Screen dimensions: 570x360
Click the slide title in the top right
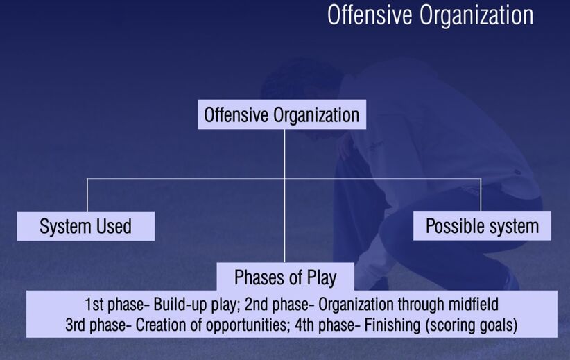tap(431, 16)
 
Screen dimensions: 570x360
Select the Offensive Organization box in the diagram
tap(282, 114)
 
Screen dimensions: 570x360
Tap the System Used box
tap(86, 226)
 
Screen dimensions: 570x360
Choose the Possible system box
tap(482, 225)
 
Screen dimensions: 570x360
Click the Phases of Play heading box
tap(286, 277)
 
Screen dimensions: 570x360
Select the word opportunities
tap(246, 325)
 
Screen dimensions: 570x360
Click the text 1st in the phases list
tap(94, 305)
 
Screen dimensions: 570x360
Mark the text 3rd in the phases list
tap(76, 325)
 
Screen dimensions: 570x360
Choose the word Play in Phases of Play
tap(322, 278)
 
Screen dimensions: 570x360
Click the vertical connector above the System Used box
tap(87, 195)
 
